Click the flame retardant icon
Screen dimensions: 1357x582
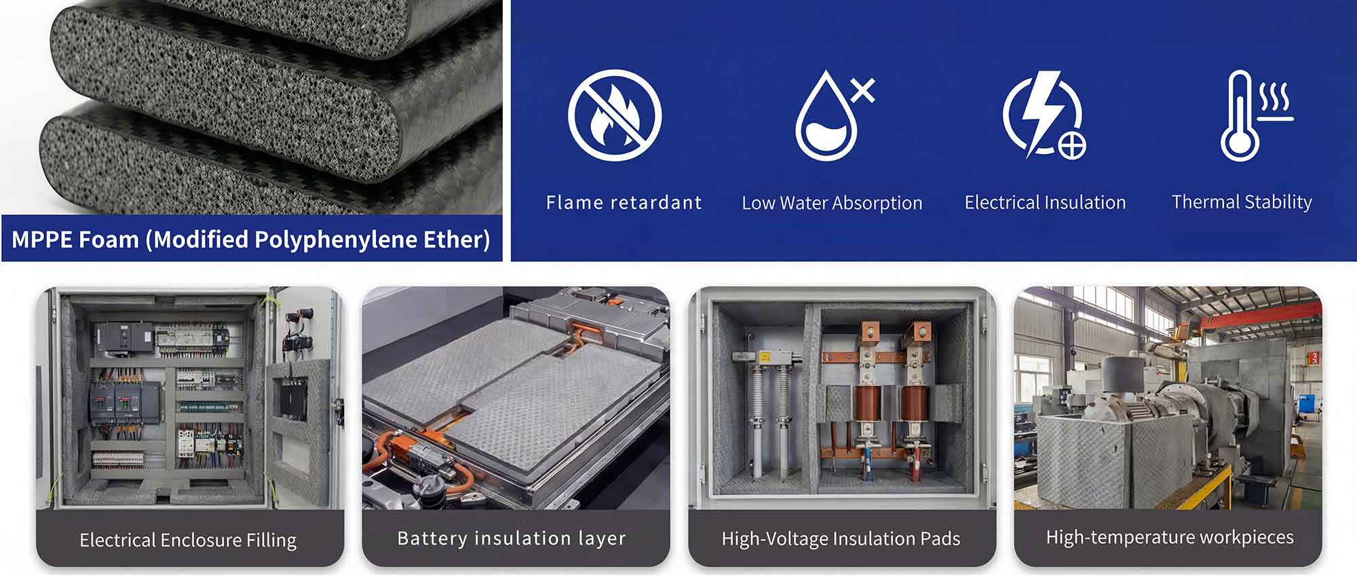pyautogui.click(x=615, y=115)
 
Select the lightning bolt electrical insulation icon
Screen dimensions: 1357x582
pyautogui.click(x=1044, y=115)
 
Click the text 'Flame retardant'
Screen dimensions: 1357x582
pyautogui.click(x=624, y=202)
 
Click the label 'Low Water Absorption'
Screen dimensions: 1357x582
pyautogui.click(x=832, y=203)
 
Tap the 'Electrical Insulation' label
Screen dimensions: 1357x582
pyautogui.click(x=1045, y=202)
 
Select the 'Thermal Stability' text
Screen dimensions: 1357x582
pyautogui.click(x=1242, y=202)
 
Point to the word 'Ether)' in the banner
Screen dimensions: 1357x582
pyautogui.click(x=459, y=239)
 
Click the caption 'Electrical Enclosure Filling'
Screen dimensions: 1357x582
pyautogui.click(x=188, y=540)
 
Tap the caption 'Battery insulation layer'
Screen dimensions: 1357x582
pyautogui.click(x=512, y=539)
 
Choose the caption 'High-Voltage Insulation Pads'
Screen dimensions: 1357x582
pyautogui.click(x=841, y=539)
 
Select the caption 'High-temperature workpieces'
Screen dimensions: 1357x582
pyautogui.click(x=1170, y=537)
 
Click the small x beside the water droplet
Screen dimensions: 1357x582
pyautogui.click(x=862, y=90)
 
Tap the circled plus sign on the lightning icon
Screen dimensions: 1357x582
pyautogui.click(x=1072, y=145)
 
